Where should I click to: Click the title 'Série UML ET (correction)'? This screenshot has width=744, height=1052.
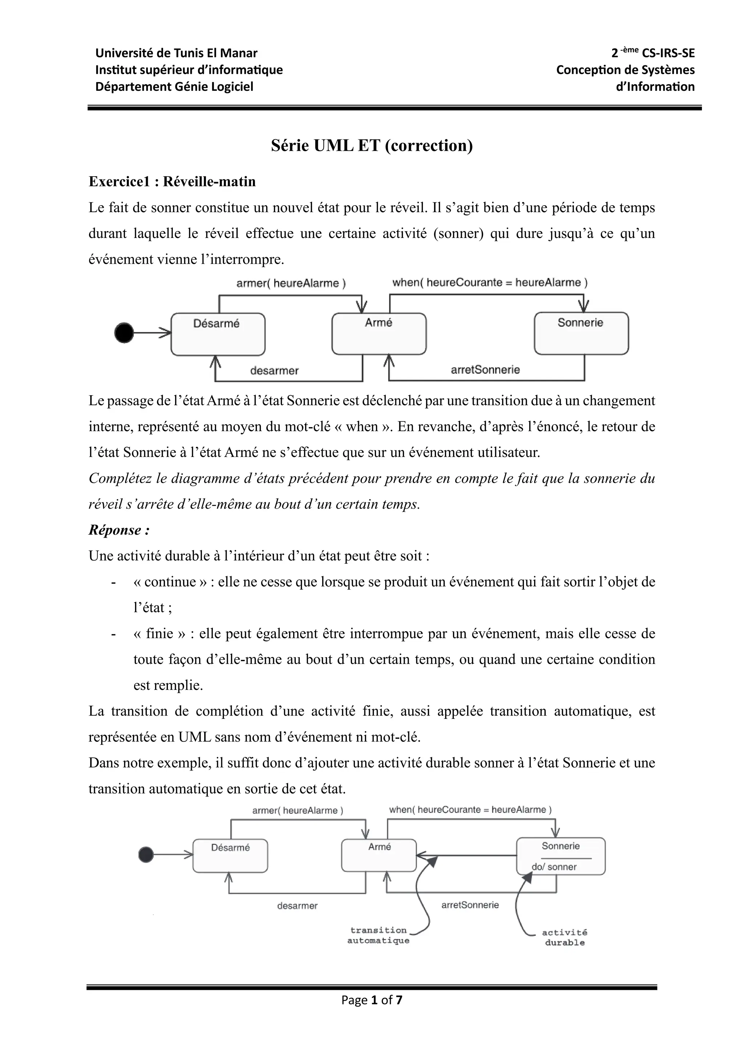point(372,146)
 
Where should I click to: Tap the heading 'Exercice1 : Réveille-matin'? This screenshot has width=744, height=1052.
point(172,182)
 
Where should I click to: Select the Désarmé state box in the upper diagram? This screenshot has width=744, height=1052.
point(218,335)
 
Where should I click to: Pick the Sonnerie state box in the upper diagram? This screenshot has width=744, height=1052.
point(581,333)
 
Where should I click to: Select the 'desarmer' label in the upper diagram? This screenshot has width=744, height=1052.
point(274,371)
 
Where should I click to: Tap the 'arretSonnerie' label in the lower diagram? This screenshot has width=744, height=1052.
point(470,905)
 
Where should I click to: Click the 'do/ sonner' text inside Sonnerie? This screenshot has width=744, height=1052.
point(554,867)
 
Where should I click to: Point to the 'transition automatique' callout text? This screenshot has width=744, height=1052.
point(379,935)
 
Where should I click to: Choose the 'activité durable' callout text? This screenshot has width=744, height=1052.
point(565,938)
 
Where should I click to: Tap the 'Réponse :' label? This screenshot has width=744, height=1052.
point(119,530)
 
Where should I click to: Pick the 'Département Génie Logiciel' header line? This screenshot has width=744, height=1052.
point(174,86)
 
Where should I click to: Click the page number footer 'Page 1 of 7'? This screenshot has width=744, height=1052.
point(372,1000)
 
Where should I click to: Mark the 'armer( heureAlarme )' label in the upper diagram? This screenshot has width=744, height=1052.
point(291,283)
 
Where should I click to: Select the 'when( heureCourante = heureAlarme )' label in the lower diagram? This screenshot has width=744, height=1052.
point(470,810)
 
